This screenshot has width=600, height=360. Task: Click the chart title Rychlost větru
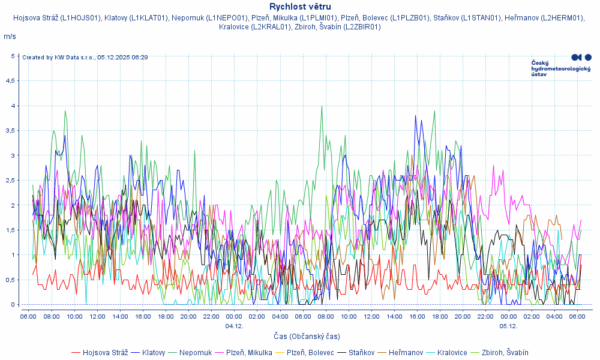coord(300,7)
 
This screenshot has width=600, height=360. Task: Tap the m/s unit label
coord(10,37)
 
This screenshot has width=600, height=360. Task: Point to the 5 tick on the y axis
coord(13,56)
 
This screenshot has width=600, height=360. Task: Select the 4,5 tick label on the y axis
coord(11,80)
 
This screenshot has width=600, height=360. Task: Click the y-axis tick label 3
coord(13,155)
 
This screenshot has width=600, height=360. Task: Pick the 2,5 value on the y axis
coord(11,180)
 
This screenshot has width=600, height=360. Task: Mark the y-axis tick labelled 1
coord(13,254)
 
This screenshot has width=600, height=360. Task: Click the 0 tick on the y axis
coord(13,304)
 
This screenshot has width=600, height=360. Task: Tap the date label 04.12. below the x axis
coord(234,326)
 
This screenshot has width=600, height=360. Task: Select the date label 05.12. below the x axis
coord(509,326)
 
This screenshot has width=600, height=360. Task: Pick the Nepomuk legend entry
coord(195,352)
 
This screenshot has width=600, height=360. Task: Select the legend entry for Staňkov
coord(360,352)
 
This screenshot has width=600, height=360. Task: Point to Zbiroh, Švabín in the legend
coord(505,352)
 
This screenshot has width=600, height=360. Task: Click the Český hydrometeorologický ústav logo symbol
coord(581,57)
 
